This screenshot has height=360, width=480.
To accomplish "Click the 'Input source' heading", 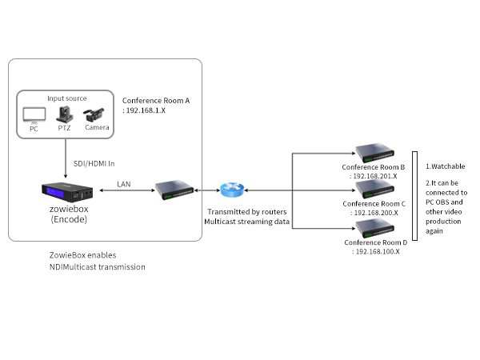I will pos(66,98).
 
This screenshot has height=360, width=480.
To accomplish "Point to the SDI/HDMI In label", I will pos(94,164).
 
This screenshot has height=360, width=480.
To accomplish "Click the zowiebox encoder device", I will pos(67,193).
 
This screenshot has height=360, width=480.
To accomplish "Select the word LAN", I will pos(124,184).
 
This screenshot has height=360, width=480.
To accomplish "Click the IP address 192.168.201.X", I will pos(375,176).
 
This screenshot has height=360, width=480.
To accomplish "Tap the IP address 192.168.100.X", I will pos(375,251).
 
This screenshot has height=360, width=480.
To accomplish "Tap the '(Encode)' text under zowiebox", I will pos(67,219).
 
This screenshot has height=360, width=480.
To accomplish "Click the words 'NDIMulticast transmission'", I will pos(98,266).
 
